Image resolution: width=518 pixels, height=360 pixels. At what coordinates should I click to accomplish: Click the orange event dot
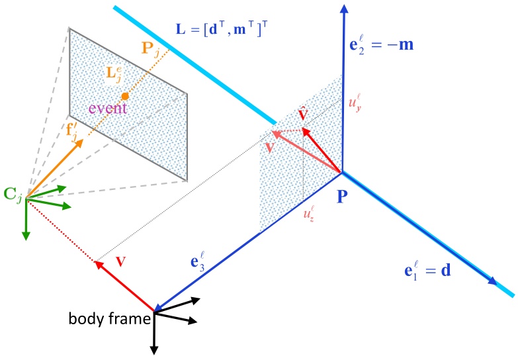pos(124,97)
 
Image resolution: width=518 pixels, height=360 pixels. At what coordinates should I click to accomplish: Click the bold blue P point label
pos(343,197)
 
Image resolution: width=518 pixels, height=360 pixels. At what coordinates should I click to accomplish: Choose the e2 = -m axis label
pos(390,47)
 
